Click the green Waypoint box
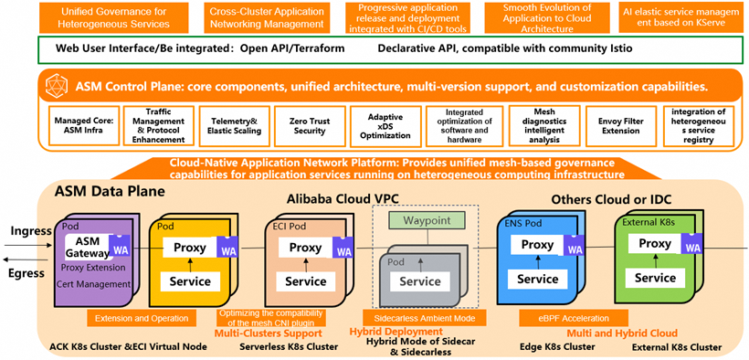click(x=420, y=219)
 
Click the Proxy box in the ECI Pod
click(x=305, y=248)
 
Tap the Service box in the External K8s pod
click(x=655, y=278)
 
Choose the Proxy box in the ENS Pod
click(x=537, y=245)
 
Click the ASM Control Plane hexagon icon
click(x=56, y=89)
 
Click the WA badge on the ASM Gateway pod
click(x=119, y=246)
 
